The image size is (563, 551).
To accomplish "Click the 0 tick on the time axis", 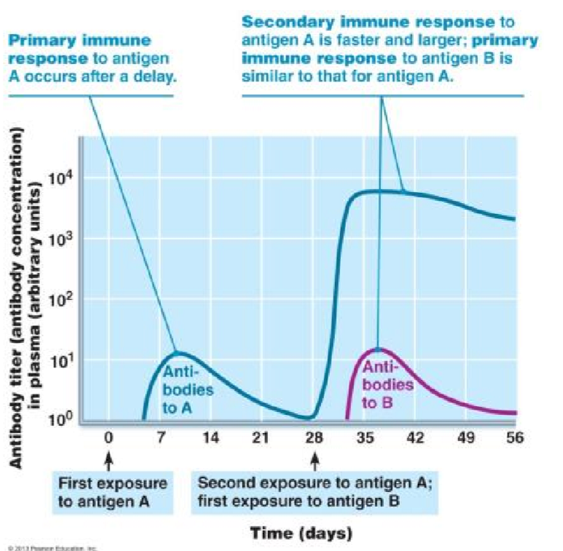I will [x=108, y=438].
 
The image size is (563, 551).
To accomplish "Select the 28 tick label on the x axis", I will [x=314, y=438].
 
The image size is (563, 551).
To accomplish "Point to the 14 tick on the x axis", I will [x=210, y=438].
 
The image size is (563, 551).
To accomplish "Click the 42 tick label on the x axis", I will [x=414, y=438].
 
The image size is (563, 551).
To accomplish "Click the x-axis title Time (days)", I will [x=302, y=533].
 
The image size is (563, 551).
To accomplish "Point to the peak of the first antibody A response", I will [x=176, y=353].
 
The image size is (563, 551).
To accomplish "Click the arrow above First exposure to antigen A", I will [x=109, y=461].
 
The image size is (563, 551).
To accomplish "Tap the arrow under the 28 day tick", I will [x=315, y=461].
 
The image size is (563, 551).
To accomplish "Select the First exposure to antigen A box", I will [x=112, y=492].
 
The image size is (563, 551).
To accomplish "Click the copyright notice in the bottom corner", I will [x=51, y=547].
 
